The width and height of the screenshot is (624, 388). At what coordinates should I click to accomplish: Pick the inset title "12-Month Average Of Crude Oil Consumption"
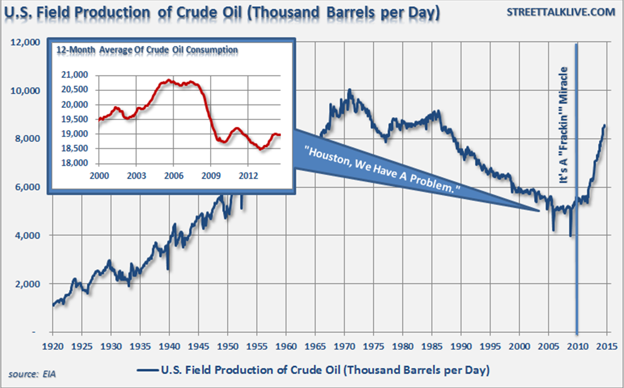tap(146, 50)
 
